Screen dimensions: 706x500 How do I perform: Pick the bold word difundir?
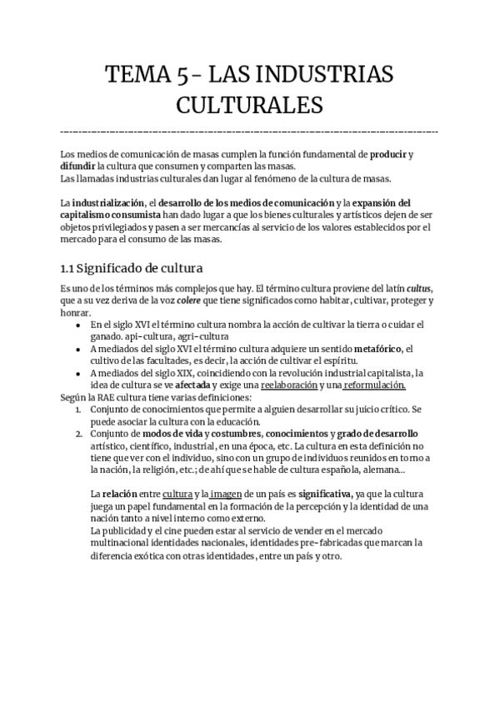click(x=78, y=167)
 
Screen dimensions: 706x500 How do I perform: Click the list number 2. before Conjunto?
click(x=78, y=434)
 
